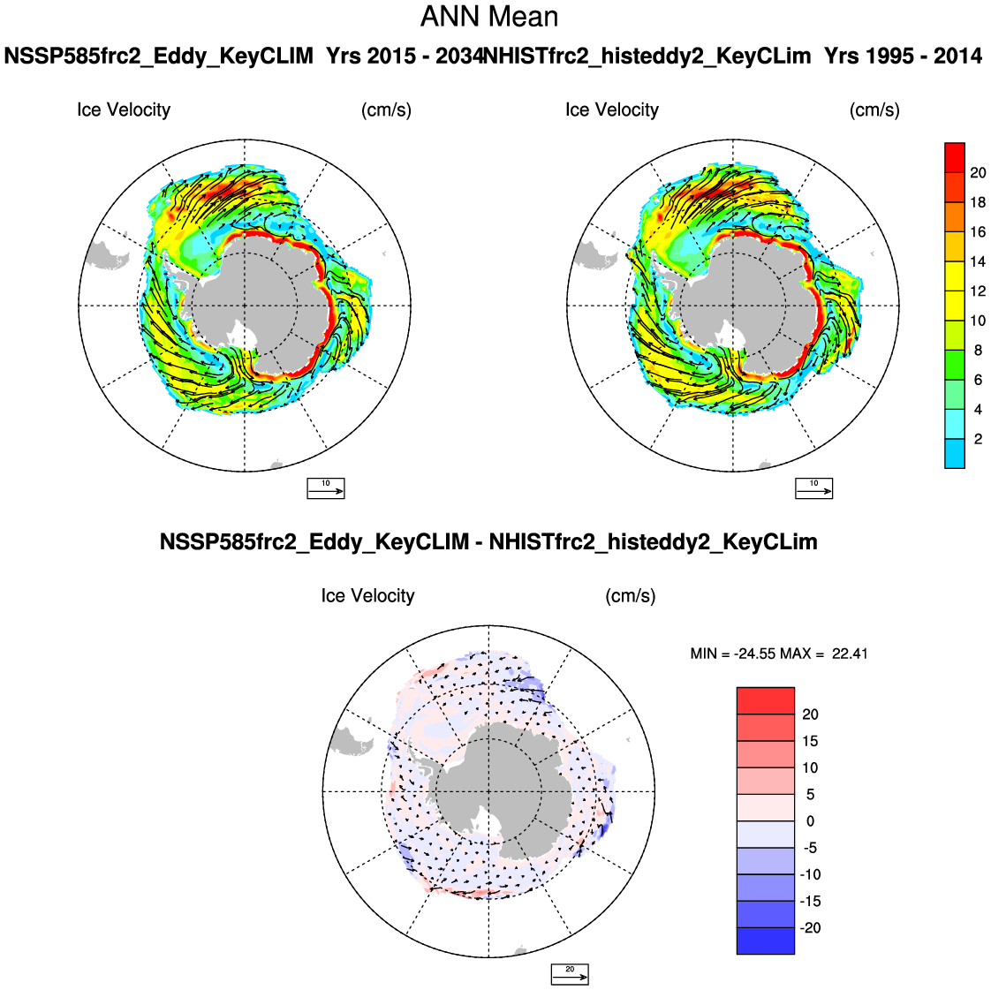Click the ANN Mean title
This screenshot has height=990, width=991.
point(489,17)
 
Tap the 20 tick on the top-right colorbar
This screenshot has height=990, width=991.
point(978,173)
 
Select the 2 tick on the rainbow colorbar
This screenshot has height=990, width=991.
point(978,439)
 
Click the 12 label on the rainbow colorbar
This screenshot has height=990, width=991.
point(978,291)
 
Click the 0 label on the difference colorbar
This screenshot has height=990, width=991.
point(810,821)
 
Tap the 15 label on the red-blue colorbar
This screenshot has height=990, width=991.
point(810,741)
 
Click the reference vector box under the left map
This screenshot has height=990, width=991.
point(325,487)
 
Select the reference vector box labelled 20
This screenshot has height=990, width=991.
point(570,974)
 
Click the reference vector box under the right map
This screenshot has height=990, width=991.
point(813,487)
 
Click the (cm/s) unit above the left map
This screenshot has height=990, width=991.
point(386,110)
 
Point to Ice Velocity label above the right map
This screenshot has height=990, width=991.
point(612,110)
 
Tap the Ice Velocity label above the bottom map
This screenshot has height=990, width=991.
point(367,596)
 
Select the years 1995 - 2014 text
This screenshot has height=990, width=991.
point(903,57)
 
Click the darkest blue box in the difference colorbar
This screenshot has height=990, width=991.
point(765,941)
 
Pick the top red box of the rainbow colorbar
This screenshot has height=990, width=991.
point(954,157)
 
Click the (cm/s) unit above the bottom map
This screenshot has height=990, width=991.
point(630,596)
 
